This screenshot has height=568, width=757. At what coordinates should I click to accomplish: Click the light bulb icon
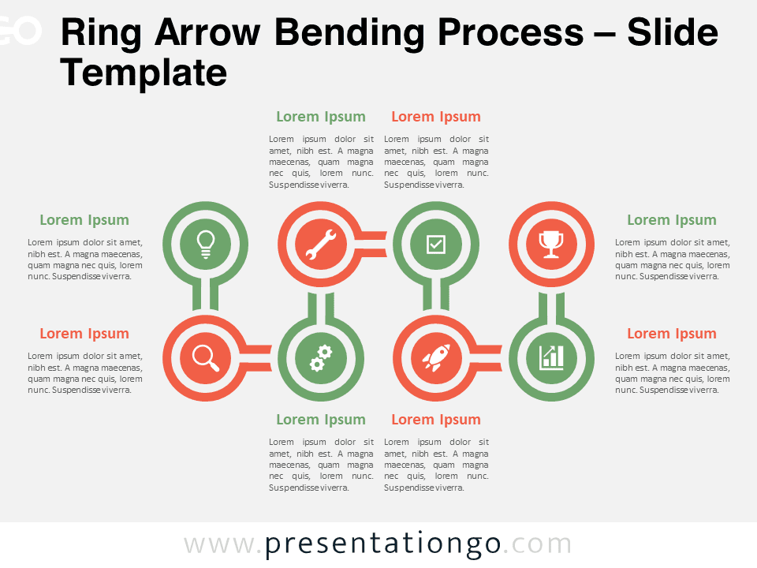tap(206, 244)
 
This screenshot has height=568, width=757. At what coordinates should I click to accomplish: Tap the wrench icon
tap(321, 244)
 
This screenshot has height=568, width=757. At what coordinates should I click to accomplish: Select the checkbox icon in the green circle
tap(436, 245)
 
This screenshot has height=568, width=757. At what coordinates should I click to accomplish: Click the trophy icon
tap(551, 244)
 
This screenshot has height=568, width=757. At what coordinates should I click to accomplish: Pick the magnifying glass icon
tap(206, 358)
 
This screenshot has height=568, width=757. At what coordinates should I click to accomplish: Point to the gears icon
tap(321, 358)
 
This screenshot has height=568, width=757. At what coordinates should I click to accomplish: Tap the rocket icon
tap(436, 358)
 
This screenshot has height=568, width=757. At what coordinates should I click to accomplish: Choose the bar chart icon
tap(551, 358)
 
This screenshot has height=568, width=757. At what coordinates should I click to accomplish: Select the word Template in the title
tap(144, 73)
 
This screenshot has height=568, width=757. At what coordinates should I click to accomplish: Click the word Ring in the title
tap(101, 33)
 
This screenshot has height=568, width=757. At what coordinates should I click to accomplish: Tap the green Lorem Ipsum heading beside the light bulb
tap(84, 220)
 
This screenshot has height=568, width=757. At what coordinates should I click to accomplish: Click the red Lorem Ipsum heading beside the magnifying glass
tap(84, 334)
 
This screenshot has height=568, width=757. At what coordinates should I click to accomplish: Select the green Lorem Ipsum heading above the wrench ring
tap(321, 117)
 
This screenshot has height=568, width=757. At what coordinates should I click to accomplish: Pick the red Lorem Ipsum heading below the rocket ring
tap(436, 420)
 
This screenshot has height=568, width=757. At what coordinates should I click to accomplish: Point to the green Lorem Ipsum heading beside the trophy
tap(672, 220)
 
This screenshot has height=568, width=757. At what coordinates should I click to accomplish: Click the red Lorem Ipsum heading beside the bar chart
tap(672, 334)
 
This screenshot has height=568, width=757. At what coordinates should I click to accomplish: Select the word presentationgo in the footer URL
tap(383, 544)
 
